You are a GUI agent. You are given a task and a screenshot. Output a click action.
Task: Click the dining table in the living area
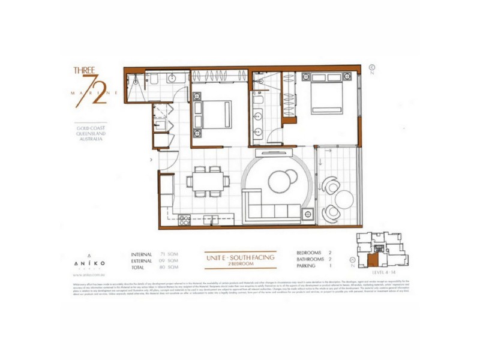[x=207, y=181]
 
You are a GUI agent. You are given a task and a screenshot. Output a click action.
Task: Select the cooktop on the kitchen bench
[x=185, y=220]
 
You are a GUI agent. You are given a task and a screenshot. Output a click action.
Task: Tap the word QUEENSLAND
[x=90, y=133]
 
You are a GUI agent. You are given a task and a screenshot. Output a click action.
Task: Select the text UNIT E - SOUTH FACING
[x=239, y=257]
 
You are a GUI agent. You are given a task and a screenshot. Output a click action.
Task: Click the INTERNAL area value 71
[x=162, y=254]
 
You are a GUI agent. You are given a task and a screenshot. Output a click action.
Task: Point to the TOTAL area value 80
[x=162, y=268]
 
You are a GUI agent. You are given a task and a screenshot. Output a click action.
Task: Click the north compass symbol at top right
[x=371, y=68]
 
